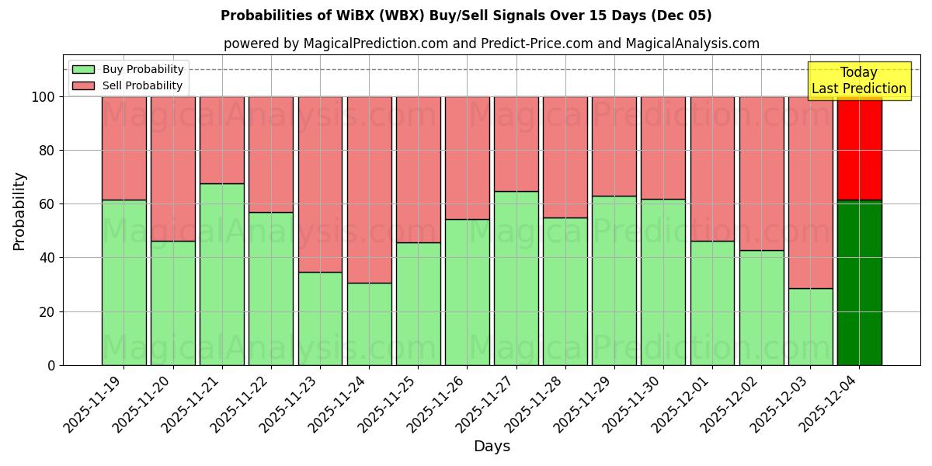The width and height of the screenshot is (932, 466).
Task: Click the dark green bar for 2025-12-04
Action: (859, 283)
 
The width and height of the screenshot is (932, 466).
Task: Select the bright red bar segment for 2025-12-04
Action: (859, 148)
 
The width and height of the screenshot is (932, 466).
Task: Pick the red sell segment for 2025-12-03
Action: (810, 192)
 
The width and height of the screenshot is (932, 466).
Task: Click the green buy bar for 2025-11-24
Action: (369, 324)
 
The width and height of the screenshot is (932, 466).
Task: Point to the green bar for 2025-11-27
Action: (516, 278)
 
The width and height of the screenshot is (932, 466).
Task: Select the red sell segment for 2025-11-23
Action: (320, 184)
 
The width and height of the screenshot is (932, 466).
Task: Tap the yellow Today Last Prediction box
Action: (859, 81)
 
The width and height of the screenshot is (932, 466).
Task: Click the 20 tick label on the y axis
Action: (48, 311)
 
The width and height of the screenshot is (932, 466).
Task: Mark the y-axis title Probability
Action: (19, 210)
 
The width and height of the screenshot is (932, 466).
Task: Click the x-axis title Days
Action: (492, 447)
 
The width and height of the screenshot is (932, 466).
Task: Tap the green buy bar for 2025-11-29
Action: (614, 280)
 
